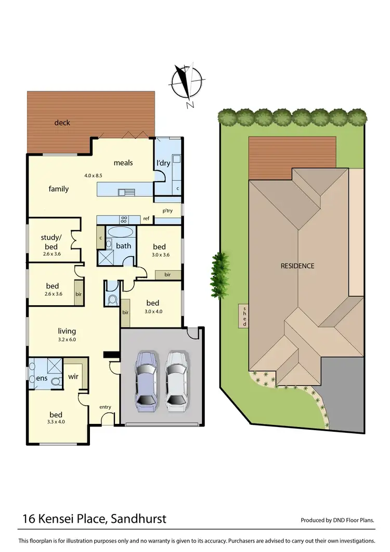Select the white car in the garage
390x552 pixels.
[175, 379]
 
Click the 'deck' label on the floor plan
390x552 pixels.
[62, 123]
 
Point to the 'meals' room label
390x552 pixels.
[123, 162]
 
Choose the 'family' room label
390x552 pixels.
[59, 189]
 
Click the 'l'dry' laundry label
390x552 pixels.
[164, 163]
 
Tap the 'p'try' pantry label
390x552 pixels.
[167, 211]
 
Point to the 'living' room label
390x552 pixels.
[67, 331]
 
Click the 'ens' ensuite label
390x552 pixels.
[42, 378]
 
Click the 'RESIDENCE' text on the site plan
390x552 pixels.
[297, 266]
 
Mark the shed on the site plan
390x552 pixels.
[243, 316]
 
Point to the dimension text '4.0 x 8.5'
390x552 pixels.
[94, 175]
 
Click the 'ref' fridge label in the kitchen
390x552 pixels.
[146, 219]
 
